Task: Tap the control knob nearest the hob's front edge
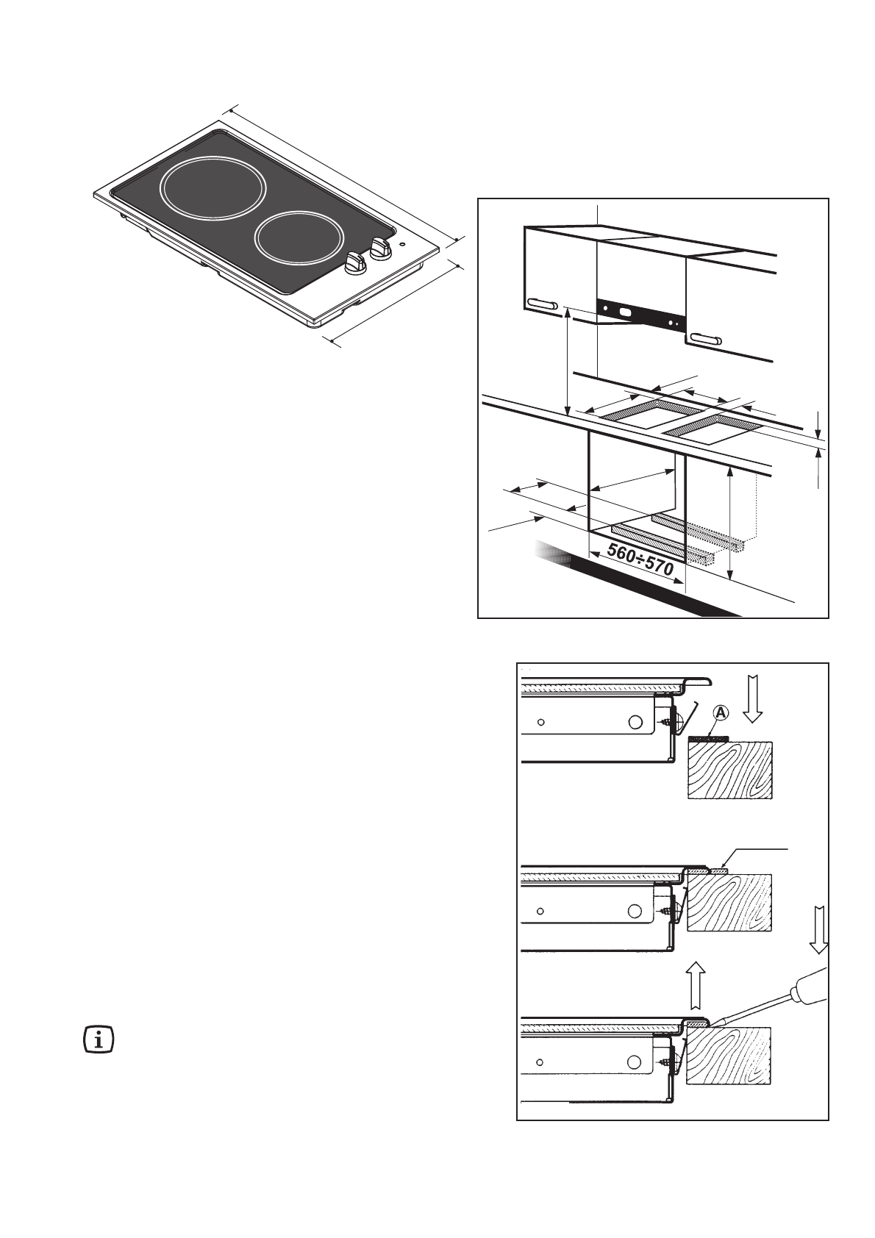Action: (x=355, y=262)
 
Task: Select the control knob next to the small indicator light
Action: (x=380, y=248)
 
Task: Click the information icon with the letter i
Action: (x=99, y=1041)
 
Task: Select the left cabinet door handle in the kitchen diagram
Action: (x=542, y=304)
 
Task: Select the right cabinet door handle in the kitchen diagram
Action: (x=704, y=339)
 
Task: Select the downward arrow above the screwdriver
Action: (x=820, y=929)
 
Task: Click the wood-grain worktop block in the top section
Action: (x=729, y=770)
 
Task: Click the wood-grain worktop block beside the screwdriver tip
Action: (x=729, y=1056)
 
